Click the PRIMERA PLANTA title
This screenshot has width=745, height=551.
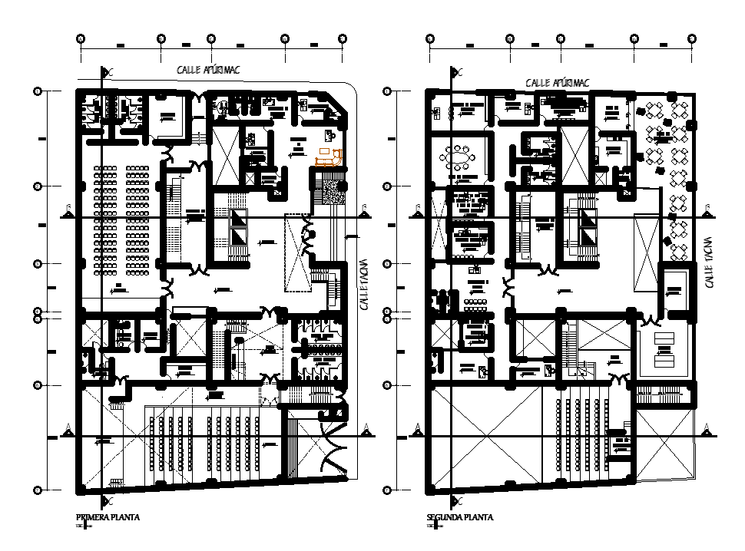pos(107,517)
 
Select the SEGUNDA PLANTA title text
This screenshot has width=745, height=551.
pos(459,517)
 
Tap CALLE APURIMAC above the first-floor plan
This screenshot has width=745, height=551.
pos(208,70)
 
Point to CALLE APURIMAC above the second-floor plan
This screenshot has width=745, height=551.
pos(557,81)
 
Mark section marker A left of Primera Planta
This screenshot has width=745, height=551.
pos(69,427)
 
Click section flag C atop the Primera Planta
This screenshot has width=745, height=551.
pos(109,72)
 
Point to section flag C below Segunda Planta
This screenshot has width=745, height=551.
pos(459,500)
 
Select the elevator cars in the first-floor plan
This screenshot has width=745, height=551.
pos(240,229)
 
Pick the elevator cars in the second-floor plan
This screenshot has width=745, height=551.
pos(588,229)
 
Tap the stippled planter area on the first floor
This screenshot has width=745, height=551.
pos(334,187)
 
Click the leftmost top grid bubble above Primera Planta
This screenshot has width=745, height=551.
pos(81,38)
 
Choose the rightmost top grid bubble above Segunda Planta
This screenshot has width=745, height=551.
pos(692,38)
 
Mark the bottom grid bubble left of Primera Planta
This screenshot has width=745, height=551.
pos(36,489)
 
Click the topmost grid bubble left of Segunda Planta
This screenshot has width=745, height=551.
pos(387,91)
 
